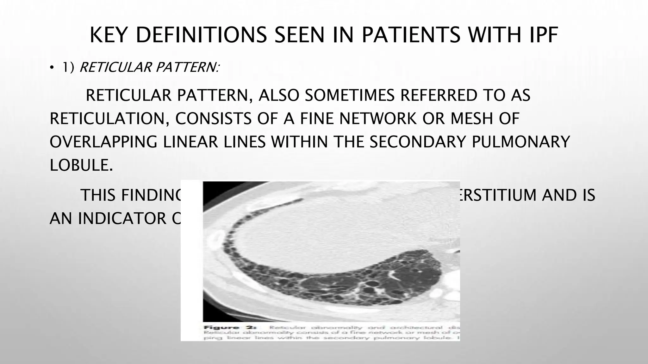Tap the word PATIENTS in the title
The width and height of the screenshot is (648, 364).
[411, 35]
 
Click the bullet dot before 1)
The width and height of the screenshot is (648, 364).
[52, 68]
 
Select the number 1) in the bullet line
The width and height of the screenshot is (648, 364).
[68, 67]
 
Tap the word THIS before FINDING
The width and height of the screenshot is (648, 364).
[98, 195]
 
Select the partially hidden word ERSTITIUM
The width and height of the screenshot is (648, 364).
[498, 195]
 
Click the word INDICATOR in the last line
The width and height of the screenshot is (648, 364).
[122, 218]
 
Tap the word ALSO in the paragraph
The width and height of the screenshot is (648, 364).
[278, 95]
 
